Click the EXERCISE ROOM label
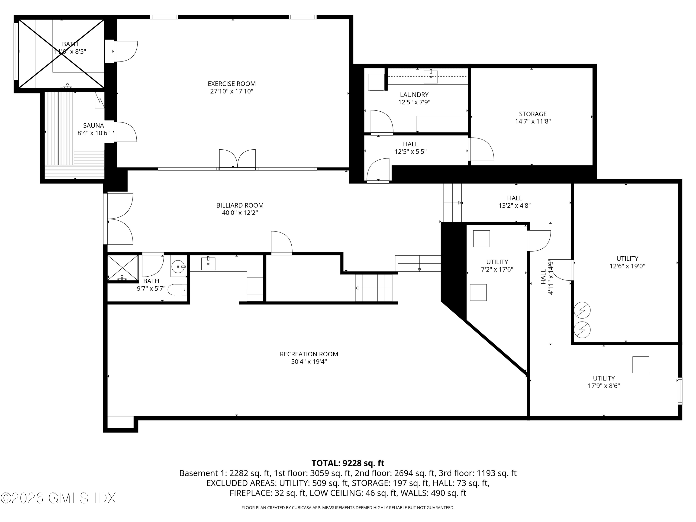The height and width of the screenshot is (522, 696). [x=232, y=84]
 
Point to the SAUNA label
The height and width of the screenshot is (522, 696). [x=93, y=126]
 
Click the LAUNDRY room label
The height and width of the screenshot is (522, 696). [x=414, y=95]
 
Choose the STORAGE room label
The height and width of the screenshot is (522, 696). [x=533, y=114]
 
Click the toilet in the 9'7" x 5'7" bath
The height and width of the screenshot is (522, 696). [x=177, y=290]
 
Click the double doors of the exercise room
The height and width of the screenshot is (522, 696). [x=238, y=159]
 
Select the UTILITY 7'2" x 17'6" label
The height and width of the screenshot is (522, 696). [x=497, y=262]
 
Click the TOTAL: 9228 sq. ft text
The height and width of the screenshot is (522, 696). [x=348, y=463]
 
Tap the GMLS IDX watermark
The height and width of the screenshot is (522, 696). [x=58, y=498]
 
